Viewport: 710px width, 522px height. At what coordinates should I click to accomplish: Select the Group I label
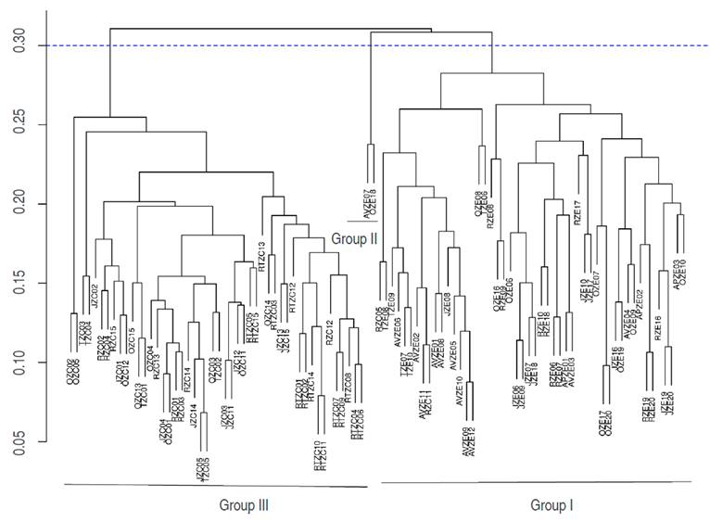pyautogui.click(x=552, y=505)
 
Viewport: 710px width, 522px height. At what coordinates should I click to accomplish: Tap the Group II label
pyautogui.click(x=354, y=237)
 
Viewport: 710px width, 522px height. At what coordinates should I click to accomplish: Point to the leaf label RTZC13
pyautogui.click(x=262, y=257)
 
